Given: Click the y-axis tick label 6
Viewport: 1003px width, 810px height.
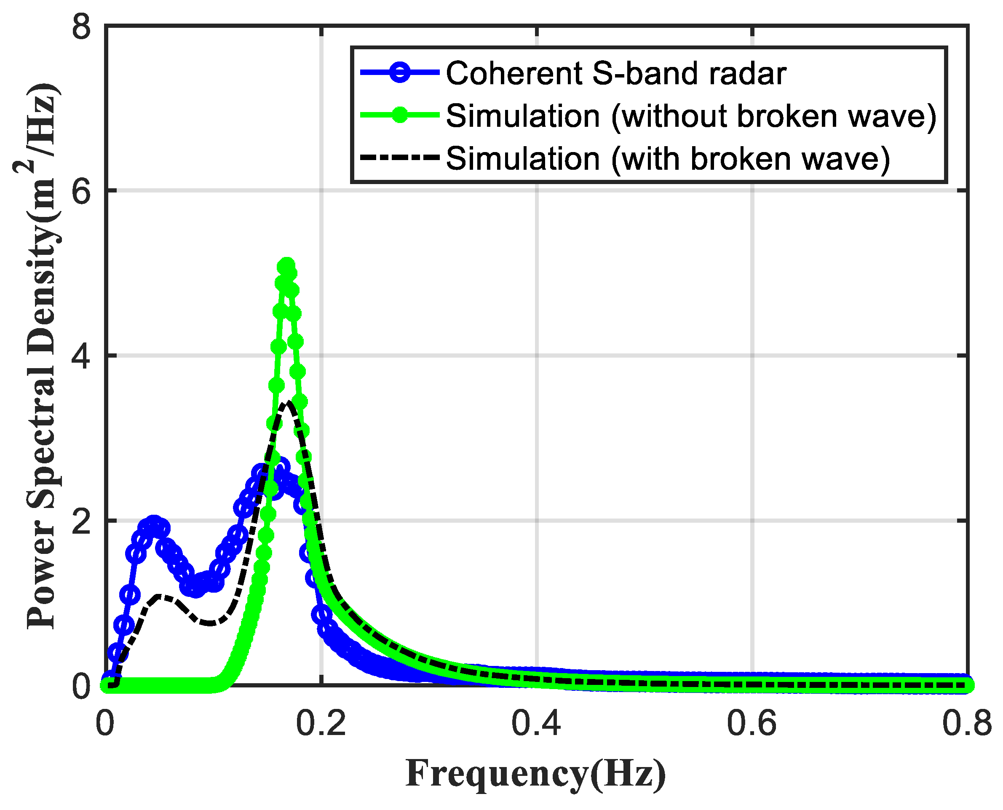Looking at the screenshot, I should [x=81, y=192].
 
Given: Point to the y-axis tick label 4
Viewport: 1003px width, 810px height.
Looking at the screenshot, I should [x=81, y=356].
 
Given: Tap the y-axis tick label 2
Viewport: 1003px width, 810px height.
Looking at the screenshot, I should [x=81, y=521].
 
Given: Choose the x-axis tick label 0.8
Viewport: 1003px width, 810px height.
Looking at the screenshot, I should [x=967, y=724].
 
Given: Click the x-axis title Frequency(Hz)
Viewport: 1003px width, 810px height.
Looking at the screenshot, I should [x=535, y=774].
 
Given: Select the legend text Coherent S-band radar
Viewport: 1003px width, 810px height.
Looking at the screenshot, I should [x=616, y=73].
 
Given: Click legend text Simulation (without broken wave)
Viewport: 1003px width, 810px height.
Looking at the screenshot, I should [x=691, y=115].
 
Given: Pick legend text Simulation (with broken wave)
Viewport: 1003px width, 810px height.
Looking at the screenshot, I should [x=668, y=158].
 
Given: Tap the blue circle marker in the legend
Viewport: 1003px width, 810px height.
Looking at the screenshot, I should [x=400, y=72].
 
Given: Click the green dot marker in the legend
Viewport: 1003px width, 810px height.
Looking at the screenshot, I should [x=400, y=114].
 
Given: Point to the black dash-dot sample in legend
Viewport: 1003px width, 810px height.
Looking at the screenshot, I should [x=400, y=158].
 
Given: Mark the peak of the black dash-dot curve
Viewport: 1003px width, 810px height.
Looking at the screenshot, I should [x=288, y=402].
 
